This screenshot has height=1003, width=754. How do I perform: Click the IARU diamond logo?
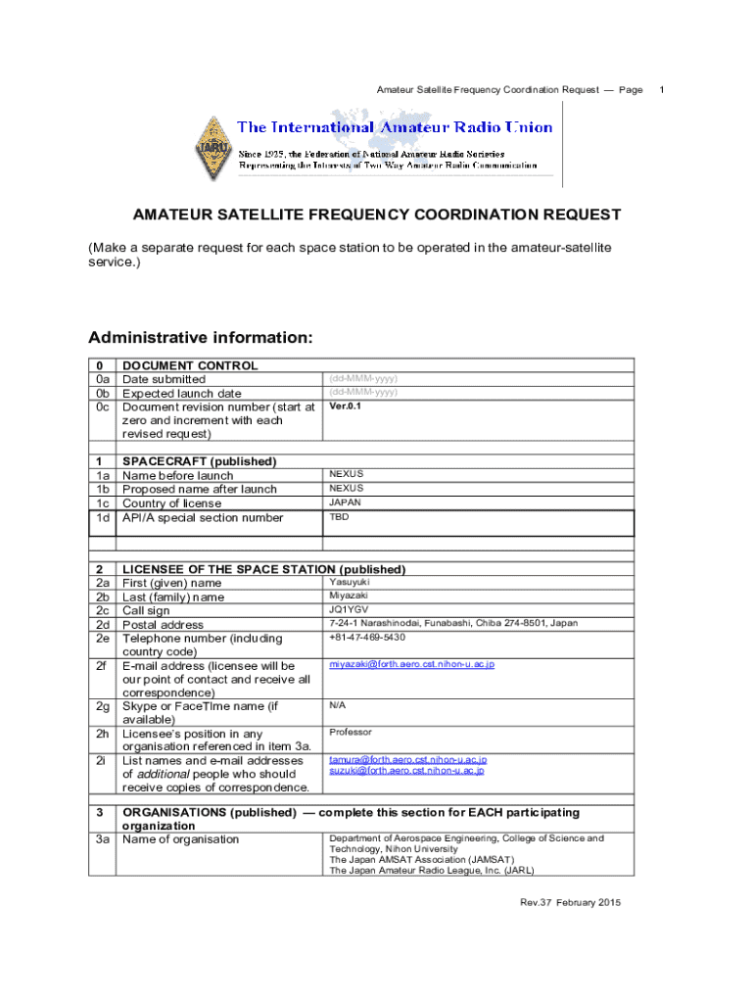coord(212,148)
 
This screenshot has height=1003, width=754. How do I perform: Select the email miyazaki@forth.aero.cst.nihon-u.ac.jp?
coord(411,664)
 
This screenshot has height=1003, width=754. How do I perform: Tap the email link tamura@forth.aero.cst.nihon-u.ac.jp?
coord(407,759)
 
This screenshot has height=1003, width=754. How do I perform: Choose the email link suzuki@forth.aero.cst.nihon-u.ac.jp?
coord(406,771)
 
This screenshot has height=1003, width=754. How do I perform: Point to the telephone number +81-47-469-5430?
coord(367,637)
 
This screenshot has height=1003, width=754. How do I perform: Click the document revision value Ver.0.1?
coord(346,406)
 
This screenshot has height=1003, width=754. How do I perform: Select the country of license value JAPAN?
coord(346,501)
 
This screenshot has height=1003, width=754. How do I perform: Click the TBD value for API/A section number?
coord(339,516)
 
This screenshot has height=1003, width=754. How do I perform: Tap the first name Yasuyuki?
coord(350,582)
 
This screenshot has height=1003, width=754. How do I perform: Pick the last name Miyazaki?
coord(349,596)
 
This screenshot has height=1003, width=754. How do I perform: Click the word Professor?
coord(351,732)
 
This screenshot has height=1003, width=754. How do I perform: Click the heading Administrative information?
coord(201,338)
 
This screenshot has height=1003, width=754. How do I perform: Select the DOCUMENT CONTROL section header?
coord(190,365)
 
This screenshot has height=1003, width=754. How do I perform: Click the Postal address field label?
coord(163,625)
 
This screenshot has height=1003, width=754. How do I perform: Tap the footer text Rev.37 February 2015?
coord(570,902)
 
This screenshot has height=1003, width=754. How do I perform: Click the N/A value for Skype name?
coord(337,704)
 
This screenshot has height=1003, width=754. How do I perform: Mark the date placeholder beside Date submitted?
coord(363,378)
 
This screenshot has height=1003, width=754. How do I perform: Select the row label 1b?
coord(102,489)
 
